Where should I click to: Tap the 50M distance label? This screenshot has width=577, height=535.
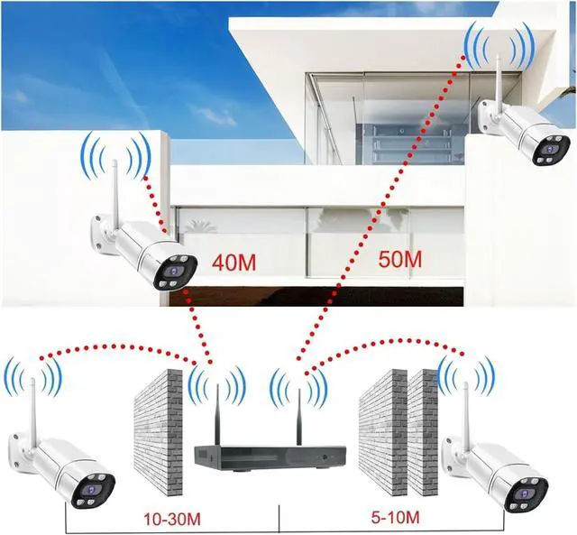pyautogui.click(x=398, y=260)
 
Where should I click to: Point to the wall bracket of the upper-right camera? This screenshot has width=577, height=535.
pyautogui.click(x=488, y=113)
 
